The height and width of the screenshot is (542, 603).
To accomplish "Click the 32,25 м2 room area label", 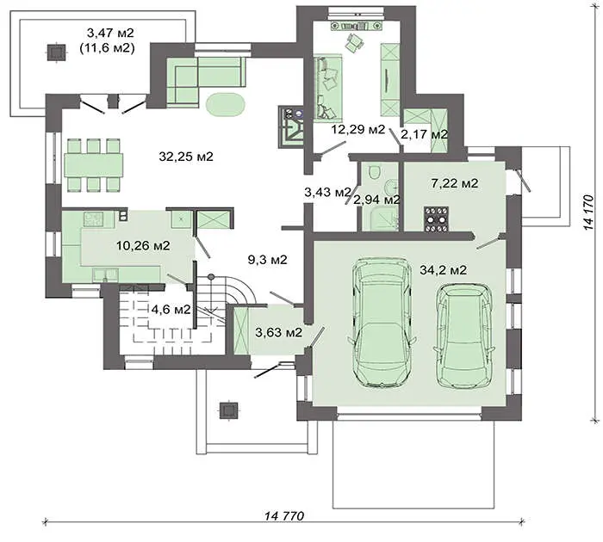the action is pos(186,157).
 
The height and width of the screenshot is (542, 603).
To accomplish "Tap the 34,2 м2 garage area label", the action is pos(443,270).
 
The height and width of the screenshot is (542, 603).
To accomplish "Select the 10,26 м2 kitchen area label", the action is pos(143,245).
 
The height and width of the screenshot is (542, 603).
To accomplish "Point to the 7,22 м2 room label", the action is pos(455,183).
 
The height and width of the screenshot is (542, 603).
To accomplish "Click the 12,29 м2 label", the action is pos(358,129).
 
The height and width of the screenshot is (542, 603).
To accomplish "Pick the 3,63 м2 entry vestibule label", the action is pos(279,332).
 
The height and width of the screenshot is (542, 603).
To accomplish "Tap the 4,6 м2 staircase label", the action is pos(171,309).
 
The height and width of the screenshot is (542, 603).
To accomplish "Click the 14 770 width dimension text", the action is pos(284,515).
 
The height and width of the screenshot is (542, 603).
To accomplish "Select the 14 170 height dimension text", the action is pos(588,212).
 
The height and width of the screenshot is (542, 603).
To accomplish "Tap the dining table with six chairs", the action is pos(94,165).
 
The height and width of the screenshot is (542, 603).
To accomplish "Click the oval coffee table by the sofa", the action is pos(226,104).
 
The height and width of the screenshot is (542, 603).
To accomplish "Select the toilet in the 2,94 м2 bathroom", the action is pos(374,171).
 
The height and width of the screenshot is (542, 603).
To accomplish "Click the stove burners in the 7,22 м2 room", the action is pos(436,219).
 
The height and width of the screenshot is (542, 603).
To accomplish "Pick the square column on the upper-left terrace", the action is pos(57,52).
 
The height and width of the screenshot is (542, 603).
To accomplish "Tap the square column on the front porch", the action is pos(228,410).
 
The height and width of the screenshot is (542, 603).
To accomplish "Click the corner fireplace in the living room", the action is pos(290,126).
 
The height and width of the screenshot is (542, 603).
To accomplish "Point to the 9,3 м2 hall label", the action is pos(267,260).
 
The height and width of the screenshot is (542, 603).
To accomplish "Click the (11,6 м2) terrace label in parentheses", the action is pos(107,48).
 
